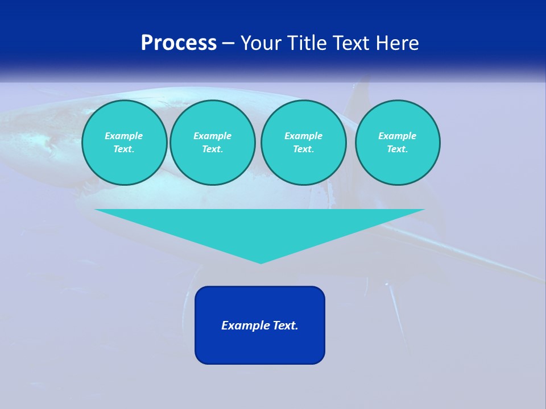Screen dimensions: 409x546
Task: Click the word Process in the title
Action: [179, 43]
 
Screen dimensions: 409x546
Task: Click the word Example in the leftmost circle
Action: [124, 136]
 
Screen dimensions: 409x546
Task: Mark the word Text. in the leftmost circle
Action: [124, 149]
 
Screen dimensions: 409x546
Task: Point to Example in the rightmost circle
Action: [397, 136]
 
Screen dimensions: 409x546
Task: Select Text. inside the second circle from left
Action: [212, 149]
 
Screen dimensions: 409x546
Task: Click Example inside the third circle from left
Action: [303, 136]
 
